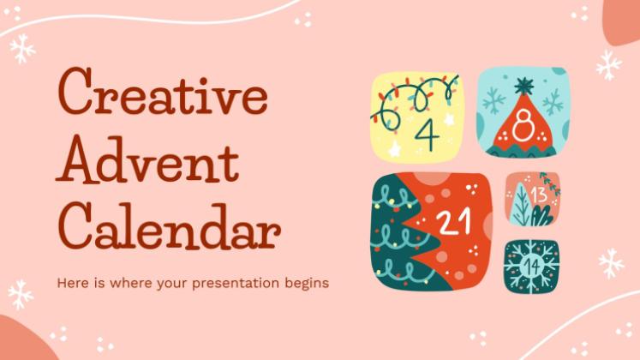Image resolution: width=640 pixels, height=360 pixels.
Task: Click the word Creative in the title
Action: pos(163,93)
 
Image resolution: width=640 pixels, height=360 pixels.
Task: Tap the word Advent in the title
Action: pos(147,160)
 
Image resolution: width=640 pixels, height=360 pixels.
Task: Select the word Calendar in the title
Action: pos(169,227)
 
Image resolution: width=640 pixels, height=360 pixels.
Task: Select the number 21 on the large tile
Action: pos(453,222)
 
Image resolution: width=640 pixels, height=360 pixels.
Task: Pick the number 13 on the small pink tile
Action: pos(539,195)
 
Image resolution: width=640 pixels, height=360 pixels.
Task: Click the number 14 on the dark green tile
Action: pos(532,267)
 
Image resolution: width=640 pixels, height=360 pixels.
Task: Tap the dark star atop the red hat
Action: pos(523,86)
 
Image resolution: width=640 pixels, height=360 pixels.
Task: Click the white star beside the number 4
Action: pos(450,119)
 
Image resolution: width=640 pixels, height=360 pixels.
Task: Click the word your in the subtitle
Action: pos(172,285)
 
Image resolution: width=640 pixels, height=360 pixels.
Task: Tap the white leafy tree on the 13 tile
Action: pos(522,204)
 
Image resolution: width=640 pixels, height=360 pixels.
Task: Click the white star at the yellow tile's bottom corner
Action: pos(394,149)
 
